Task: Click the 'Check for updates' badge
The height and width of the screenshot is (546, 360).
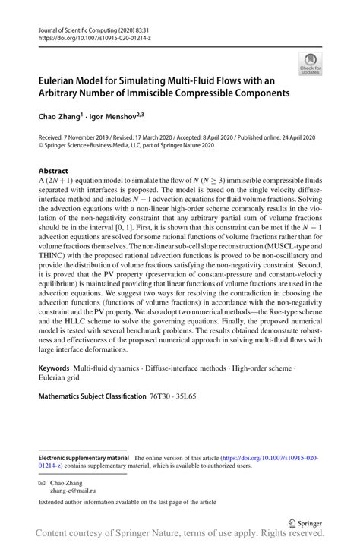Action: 309,65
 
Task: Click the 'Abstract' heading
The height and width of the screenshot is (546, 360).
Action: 52,171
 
